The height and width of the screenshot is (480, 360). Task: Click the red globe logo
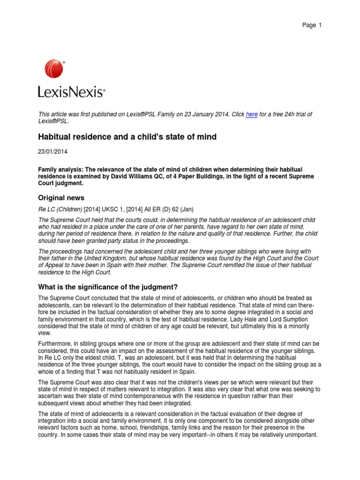(x=54, y=68)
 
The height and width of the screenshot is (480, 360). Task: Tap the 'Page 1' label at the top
(x=312, y=25)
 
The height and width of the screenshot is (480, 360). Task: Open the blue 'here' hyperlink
(x=252, y=114)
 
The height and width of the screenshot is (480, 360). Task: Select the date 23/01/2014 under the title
(x=52, y=151)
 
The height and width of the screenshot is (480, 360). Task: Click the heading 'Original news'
(x=61, y=197)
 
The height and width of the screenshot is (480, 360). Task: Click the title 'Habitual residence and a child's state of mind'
(x=127, y=137)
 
